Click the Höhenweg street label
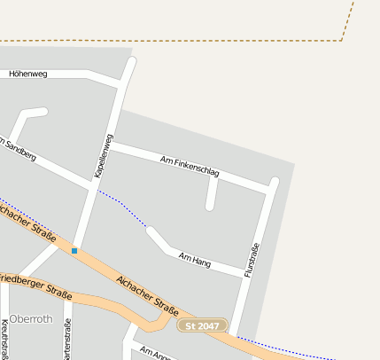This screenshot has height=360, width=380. (x=27, y=74)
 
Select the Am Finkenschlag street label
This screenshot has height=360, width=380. (x=190, y=166)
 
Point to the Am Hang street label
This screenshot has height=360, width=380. (x=195, y=261)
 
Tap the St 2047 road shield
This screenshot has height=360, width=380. (x=203, y=326)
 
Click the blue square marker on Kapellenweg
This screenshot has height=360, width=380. (x=74, y=251)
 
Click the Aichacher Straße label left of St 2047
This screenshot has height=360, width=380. (x=147, y=296)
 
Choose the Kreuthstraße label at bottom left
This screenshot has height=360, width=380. (x=5, y=337)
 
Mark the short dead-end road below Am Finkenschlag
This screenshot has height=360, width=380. (x=211, y=192)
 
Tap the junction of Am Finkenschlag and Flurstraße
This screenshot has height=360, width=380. (x=272, y=188)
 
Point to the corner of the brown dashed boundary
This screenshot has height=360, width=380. (x=341, y=40)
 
